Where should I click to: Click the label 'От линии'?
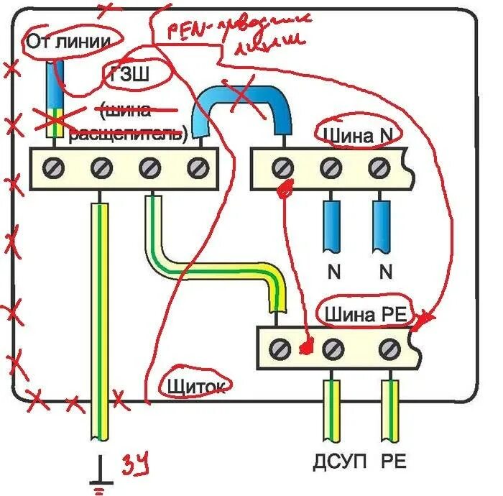(x=68, y=42)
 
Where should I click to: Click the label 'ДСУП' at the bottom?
(x=332, y=461)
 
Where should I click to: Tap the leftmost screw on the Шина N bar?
(x=282, y=168)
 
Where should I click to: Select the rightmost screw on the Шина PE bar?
(x=389, y=349)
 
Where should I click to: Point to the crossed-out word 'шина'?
(x=126, y=110)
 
